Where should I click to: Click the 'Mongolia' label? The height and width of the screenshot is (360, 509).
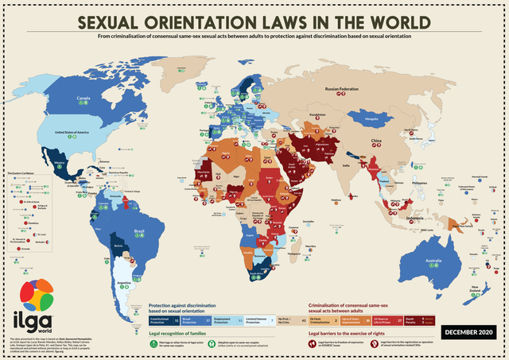371,121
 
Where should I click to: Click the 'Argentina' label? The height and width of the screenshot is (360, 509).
122,282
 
